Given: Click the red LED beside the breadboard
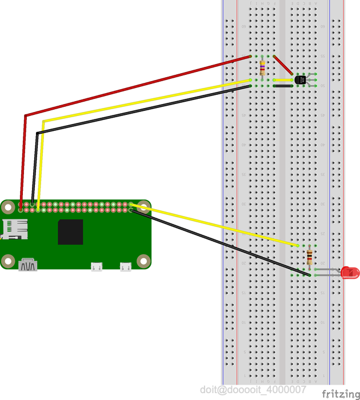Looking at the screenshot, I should (349, 273).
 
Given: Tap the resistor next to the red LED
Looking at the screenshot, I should (310, 257).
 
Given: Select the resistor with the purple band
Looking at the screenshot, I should (262, 67).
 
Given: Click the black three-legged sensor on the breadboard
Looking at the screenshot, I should (301, 80).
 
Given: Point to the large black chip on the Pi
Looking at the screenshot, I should (70, 231).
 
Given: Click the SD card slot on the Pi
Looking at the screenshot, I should (15, 229).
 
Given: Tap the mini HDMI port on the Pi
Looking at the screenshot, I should (29, 265).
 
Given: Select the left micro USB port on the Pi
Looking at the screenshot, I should (97, 266).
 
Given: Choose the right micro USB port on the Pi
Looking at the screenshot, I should (125, 266).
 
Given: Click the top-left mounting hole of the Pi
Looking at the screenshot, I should (8, 207).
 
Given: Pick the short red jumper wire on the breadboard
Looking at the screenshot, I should (283, 65).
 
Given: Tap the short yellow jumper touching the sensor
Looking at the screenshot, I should (283, 80).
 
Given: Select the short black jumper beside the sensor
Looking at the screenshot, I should (283, 86).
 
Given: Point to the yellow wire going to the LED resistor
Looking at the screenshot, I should (217, 225).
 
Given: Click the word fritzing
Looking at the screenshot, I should (337, 394).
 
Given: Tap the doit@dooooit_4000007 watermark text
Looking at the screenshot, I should (253, 389).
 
